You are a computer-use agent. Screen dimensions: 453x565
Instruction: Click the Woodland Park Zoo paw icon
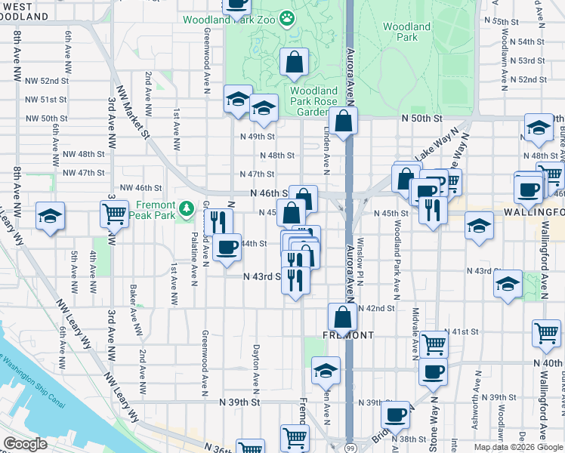tap(287, 17)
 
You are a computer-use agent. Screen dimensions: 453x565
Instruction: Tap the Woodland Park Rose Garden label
tap(309, 101)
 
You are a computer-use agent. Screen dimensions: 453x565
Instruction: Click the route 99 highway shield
tap(349, 447)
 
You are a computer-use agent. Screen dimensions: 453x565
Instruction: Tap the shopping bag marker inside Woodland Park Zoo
tap(294, 63)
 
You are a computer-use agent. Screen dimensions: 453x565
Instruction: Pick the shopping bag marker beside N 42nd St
tap(342, 317)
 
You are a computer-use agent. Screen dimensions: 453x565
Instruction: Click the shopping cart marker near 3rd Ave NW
tap(115, 214)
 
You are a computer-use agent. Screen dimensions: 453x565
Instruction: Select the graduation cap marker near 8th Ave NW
tap(50, 217)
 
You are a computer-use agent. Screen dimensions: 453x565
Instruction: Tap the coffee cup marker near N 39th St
tap(395, 414)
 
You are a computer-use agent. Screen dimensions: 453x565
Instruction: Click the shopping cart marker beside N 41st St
tap(546, 333)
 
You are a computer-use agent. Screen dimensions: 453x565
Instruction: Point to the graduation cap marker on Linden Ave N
tap(326, 370)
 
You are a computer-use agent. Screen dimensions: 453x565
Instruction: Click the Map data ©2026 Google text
tap(517, 447)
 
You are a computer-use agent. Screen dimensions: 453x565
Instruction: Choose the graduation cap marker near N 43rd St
tap(508, 284)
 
